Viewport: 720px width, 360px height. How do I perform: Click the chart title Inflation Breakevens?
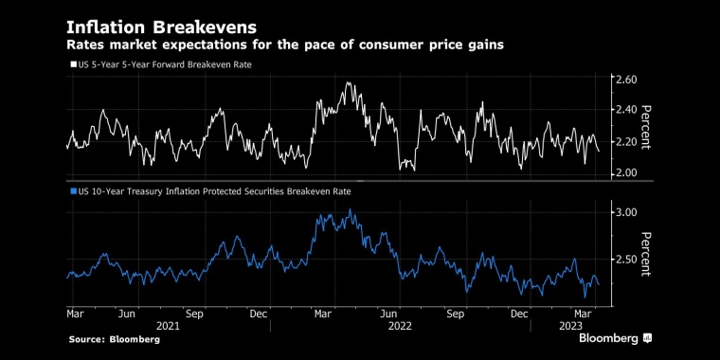click(x=162, y=27)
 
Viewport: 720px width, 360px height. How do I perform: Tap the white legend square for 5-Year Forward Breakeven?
click(x=73, y=65)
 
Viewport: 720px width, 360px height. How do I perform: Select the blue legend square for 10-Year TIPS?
click(x=73, y=191)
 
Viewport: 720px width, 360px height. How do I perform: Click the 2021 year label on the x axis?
click(x=168, y=326)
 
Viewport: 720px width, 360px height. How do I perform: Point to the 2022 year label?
click(x=401, y=326)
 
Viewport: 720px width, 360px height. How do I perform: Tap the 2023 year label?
click(x=570, y=326)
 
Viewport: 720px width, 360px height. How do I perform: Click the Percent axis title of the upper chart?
click(x=645, y=127)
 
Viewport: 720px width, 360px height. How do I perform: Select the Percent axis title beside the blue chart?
click(x=645, y=254)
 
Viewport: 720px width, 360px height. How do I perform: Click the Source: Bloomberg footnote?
click(x=115, y=340)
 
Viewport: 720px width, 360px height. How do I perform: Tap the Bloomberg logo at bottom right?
click(x=615, y=338)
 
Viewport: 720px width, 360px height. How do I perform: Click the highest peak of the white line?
click(x=348, y=82)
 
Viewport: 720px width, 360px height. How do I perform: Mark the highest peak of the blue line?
click(x=350, y=209)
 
